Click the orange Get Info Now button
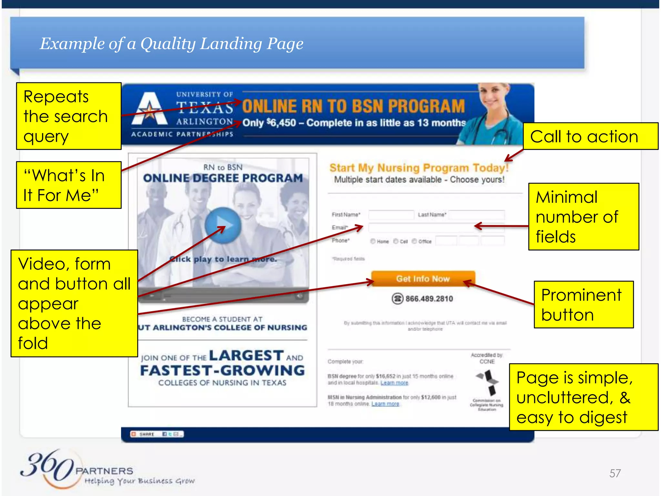coord(423,279)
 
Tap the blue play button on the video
coord(223,225)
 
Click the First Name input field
coord(391,215)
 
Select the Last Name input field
coord(476,215)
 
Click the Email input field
coord(420,228)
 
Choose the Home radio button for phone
coord(373,241)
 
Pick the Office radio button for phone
coord(414,241)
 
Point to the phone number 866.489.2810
coord(429,299)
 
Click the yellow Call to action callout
coord(590,136)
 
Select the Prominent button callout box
coord(584,305)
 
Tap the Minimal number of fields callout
coord(584,217)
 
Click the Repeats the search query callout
coord(69,116)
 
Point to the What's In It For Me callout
coord(69,185)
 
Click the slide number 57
coord(615,473)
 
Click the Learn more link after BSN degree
coord(394,383)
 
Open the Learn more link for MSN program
coord(385,404)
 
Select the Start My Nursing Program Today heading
coord(419,168)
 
